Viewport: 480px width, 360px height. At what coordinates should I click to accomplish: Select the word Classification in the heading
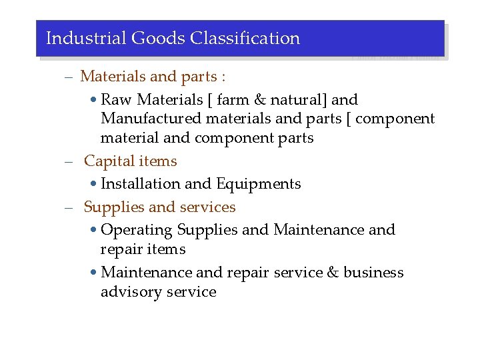pos(245,38)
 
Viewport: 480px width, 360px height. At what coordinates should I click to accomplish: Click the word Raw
pos(115,100)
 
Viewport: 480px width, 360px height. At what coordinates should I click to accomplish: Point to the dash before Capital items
pos(68,162)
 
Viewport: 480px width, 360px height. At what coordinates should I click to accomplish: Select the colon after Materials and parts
pos(223,77)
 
